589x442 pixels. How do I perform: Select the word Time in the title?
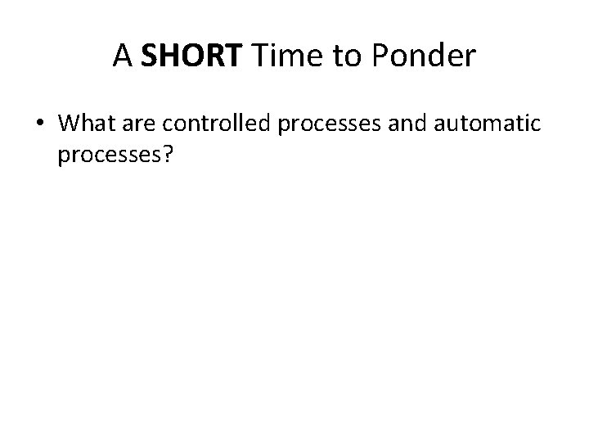pos(279,55)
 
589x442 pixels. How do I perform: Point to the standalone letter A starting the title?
pos(123,55)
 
